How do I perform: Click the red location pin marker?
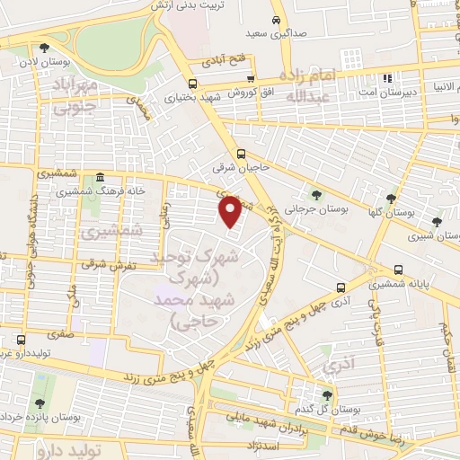click(x=230, y=211)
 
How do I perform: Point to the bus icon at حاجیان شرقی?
click(x=241, y=152)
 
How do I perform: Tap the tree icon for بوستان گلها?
click(x=390, y=199)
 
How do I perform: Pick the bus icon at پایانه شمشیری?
click(x=398, y=270)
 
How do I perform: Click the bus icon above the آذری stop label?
click(x=340, y=288)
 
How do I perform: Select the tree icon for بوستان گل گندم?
click(x=326, y=394)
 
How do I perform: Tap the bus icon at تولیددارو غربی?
click(x=20, y=340)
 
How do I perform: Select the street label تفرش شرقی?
click(x=100, y=266)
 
